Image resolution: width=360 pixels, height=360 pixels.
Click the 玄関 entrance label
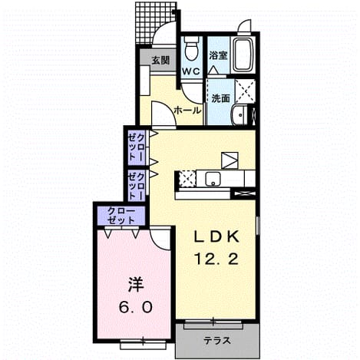tap(160, 61)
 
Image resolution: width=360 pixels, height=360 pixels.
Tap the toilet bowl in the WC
tap(192, 48)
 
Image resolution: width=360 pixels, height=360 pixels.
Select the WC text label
tap(191, 71)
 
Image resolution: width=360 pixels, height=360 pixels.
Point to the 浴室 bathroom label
tap(218, 56)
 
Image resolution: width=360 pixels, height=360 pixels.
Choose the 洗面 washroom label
tap(220, 98)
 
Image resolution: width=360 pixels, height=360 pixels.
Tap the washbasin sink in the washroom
tap(239, 115)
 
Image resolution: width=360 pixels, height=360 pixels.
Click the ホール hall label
tap(187, 111)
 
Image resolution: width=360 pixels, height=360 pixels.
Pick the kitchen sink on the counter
tap(213, 178)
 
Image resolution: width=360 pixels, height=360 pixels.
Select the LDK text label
tap(216, 237)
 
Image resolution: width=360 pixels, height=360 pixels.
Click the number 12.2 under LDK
tap(216, 259)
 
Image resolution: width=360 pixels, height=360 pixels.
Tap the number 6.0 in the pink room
tap(136, 307)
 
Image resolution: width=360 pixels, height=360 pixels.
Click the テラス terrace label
tap(217, 340)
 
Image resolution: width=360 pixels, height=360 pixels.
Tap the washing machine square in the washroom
tap(245, 91)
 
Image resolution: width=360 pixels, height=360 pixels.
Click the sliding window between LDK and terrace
tap(213, 323)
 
